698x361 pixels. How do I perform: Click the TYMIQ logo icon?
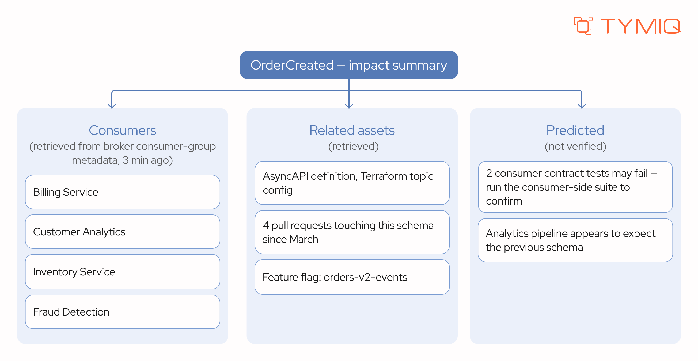click(x=583, y=26)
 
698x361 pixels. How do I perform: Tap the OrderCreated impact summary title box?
click(x=349, y=65)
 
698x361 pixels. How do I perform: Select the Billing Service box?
click(x=123, y=192)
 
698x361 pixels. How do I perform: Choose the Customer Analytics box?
click(x=123, y=232)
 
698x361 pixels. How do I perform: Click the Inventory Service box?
click(x=123, y=272)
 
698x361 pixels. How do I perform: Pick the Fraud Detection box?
click(x=123, y=312)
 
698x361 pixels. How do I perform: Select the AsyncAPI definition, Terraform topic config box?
click(x=352, y=183)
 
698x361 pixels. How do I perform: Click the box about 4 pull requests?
click(x=352, y=232)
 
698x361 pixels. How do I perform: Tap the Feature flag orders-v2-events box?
click(x=352, y=277)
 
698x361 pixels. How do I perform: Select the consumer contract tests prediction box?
click(x=575, y=187)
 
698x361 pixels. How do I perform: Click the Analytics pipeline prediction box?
click(x=575, y=240)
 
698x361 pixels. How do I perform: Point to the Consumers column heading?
click(x=123, y=130)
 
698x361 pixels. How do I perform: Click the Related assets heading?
click(x=352, y=130)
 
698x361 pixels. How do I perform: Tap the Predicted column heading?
click(x=575, y=130)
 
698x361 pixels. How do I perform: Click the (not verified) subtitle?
click(x=575, y=146)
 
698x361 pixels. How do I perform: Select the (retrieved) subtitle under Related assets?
click(x=353, y=146)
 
